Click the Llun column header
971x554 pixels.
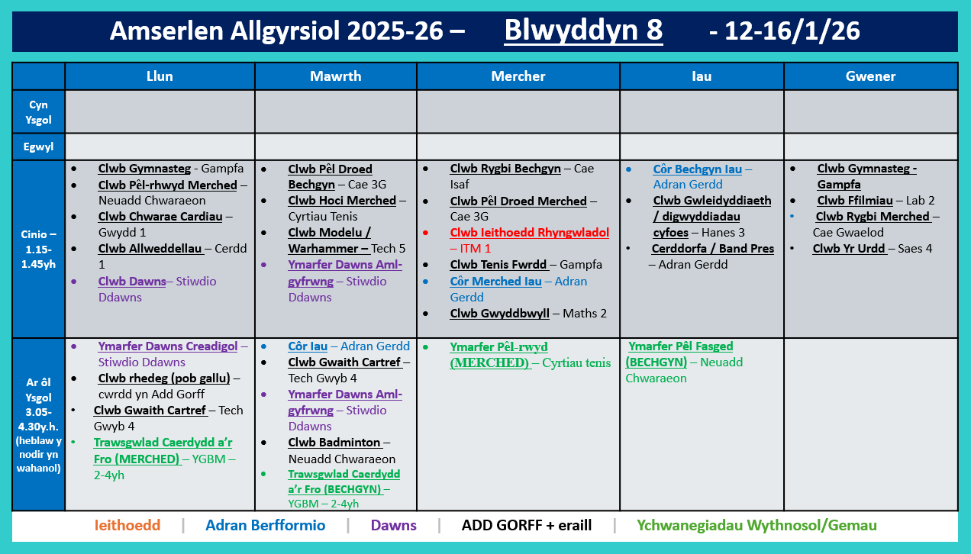tap(160, 76)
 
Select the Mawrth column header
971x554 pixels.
tap(335, 76)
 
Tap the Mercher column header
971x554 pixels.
tap(518, 76)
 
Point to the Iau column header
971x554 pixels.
tap(702, 76)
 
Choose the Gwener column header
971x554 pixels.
tap(870, 76)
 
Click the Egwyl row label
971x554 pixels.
tap(38, 147)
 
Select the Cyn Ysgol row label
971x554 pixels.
tap(38, 112)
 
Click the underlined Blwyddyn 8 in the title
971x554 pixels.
tap(583, 31)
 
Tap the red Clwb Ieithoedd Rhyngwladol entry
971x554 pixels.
tap(529, 233)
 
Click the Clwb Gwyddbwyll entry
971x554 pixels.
tap(499, 314)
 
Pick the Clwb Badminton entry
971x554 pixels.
tap(334, 443)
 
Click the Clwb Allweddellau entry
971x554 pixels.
tap(150, 249)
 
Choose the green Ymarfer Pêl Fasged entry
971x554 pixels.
tap(680, 346)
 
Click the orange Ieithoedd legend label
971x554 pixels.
tap(127, 526)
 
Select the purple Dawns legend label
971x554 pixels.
tap(393, 526)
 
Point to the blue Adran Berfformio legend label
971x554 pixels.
tap(265, 526)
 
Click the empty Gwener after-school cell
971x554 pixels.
tap(870, 424)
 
